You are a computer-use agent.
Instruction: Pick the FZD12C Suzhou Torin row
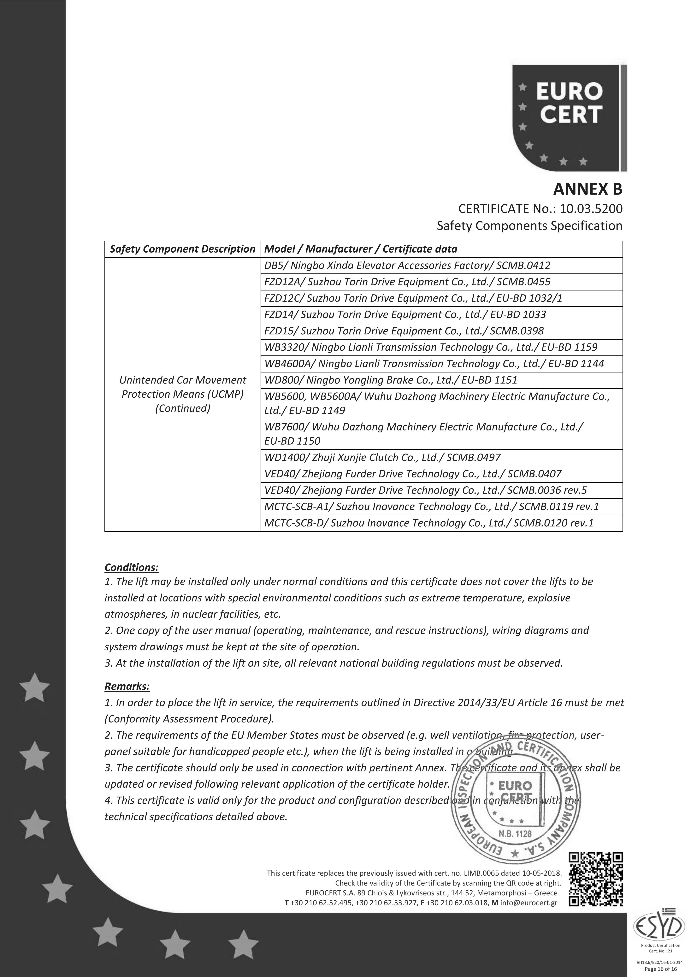point(413,298)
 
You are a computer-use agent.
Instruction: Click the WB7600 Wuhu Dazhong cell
point(424,434)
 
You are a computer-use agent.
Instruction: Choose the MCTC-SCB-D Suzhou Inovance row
point(428,523)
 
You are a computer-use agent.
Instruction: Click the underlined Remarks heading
point(127,686)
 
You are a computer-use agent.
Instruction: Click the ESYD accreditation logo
point(659,935)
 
